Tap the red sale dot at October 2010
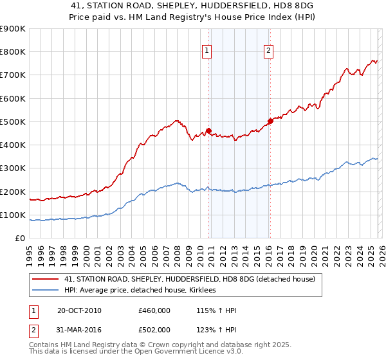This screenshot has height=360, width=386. coord(209,131)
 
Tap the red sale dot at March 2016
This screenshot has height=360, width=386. coord(270,122)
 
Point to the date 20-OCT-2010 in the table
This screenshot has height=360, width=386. coord(79,311)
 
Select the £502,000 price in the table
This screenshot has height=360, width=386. coord(154,330)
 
